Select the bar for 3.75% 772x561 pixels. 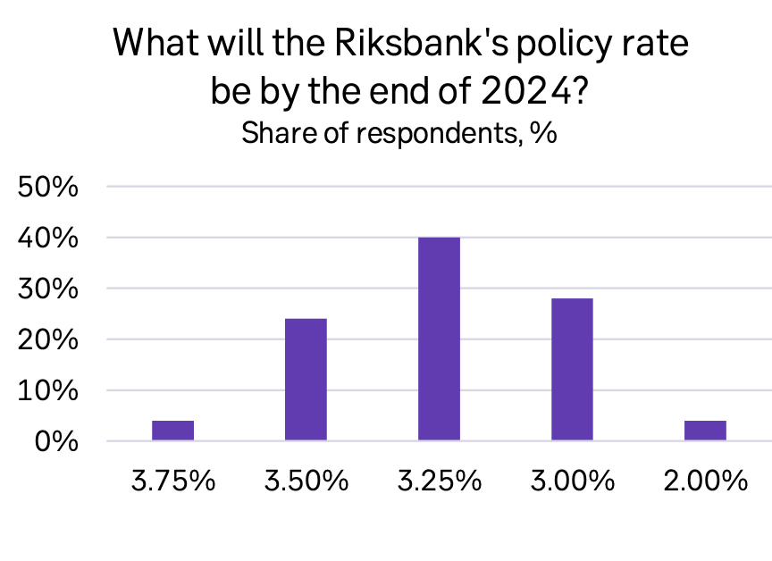[x=172, y=431]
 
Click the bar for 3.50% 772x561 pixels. [x=306, y=380]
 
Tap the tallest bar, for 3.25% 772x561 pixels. [x=440, y=339]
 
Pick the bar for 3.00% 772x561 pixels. [x=572, y=369]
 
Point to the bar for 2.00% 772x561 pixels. [x=705, y=431]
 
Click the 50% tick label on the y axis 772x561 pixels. [x=47, y=187]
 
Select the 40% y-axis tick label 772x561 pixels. [x=47, y=239]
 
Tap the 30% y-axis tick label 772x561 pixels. [x=47, y=289]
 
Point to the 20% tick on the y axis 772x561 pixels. [x=47, y=339]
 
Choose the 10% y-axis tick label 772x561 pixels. [x=47, y=390]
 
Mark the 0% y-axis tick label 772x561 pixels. [x=56, y=441]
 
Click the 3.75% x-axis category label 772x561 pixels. [x=173, y=481]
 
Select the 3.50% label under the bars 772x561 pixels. [x=306, y=481]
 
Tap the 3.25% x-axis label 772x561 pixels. [x=440, y=481]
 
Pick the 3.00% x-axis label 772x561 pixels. [x=573, y=481]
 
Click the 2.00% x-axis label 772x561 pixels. [x=706, y=481]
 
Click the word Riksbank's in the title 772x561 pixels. [x=421, y=42]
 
